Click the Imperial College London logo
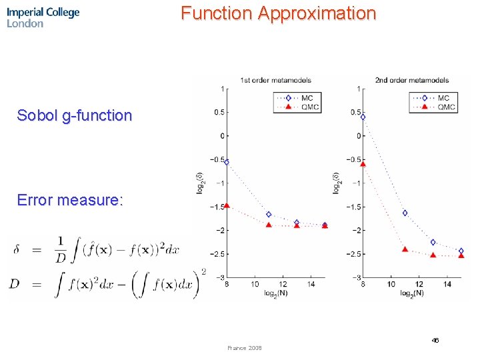[43, 17]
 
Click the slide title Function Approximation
[278, 13]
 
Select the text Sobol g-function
[75, 115]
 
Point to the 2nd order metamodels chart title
[411, 80]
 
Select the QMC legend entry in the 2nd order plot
[437, 107]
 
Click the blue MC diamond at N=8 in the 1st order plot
[227, 162]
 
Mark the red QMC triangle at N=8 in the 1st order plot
[227, 205]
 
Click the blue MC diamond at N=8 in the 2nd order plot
[363, 117]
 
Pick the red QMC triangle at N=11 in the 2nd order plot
[405, 249]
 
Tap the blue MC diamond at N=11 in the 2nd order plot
[405, 213]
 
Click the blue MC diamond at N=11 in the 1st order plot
[269, 215]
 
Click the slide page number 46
[435, 340]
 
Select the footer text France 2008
[245, 348]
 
